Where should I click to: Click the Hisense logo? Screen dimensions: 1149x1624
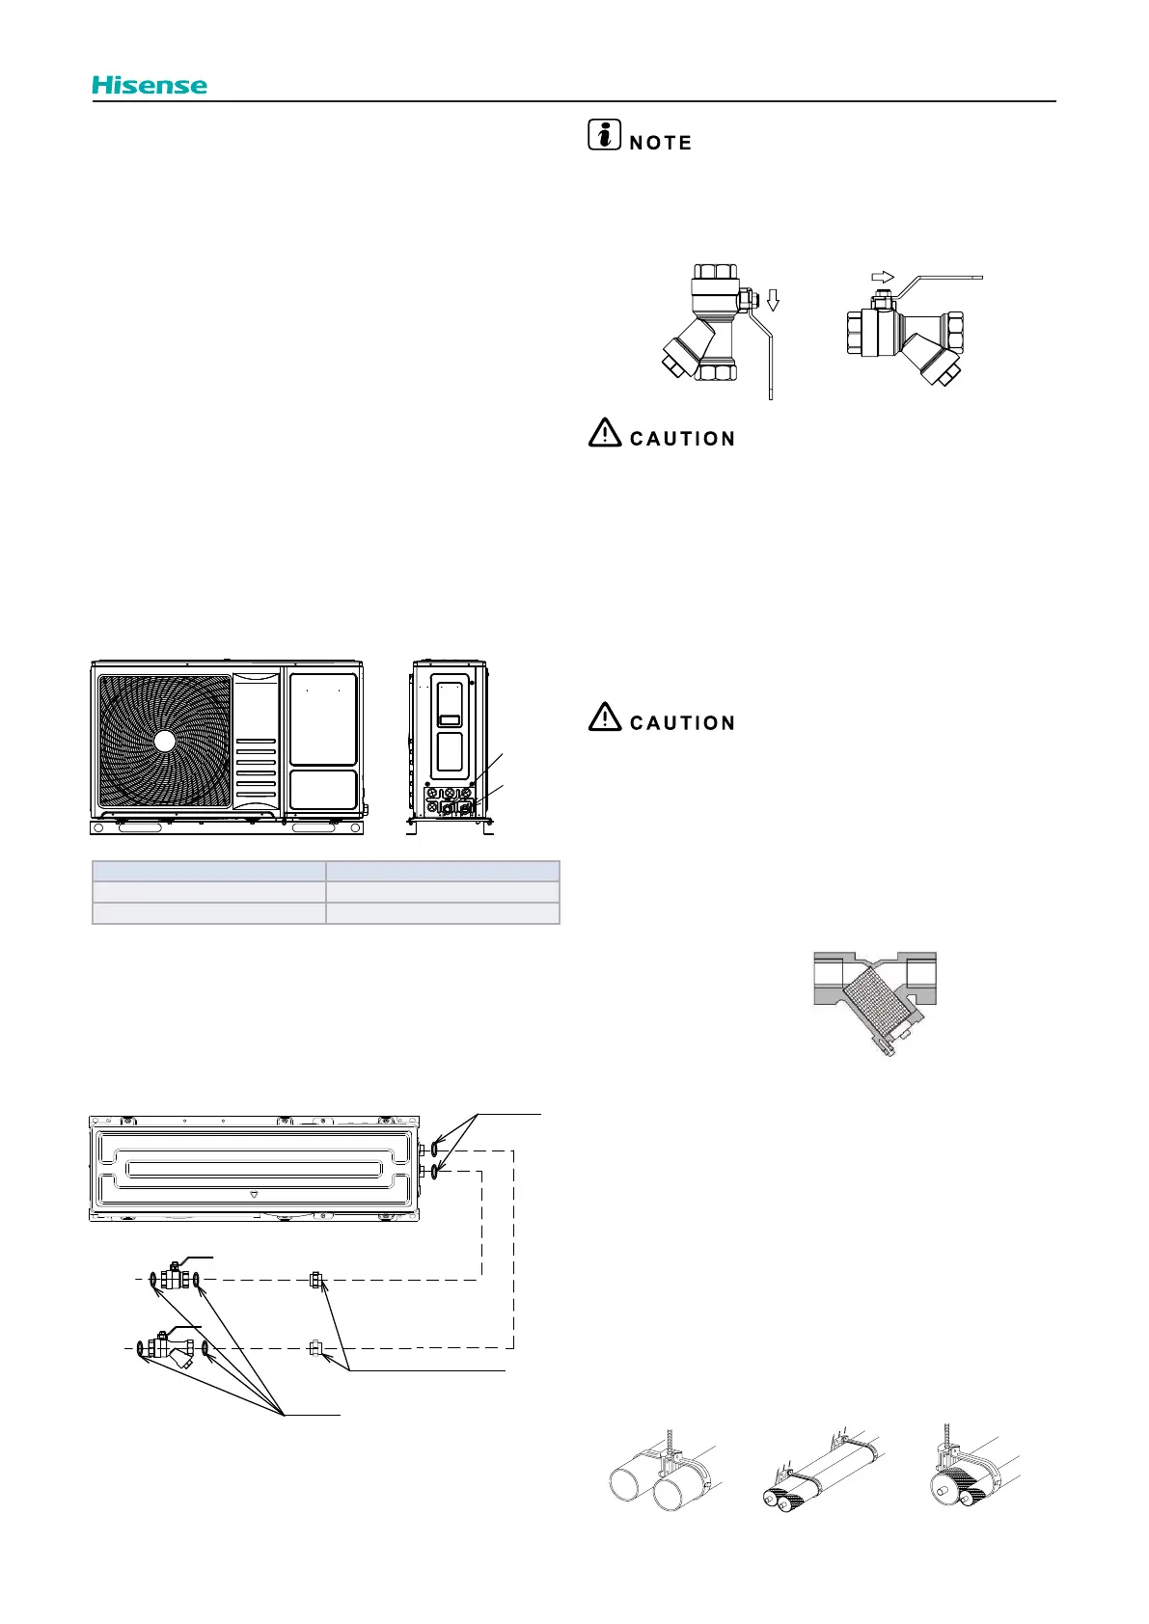click(150, 86)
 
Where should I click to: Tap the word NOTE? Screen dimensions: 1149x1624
click(661, 144)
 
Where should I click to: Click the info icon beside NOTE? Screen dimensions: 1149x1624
click(604, 136)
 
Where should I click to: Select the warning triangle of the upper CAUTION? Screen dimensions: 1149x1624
click(604, 433)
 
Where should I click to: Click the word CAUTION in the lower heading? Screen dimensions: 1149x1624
click(682, 723)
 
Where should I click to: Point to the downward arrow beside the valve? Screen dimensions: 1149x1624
click(772, 300)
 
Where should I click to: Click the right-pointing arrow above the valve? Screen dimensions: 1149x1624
click(883, 278)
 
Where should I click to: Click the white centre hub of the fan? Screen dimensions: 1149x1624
click(165, 742)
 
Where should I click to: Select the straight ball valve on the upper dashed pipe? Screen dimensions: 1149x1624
click(175, 1279)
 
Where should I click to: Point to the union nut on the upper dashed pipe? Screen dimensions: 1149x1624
click(315, 1280)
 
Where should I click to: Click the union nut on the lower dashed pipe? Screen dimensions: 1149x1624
click(315, 1347)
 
